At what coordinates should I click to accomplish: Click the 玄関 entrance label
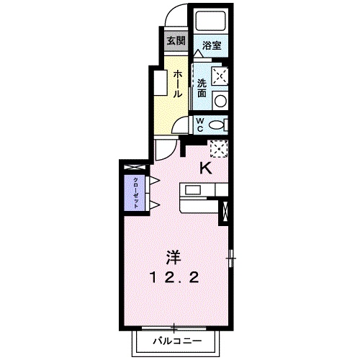tap(176, 40)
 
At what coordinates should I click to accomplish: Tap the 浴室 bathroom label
tap(212, 45)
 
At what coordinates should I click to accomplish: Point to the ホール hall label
tap(176, 84)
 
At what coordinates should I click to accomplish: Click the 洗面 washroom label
tap(202, 86)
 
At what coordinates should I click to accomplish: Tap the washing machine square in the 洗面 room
tap(220, 76)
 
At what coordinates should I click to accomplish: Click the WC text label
tap(201, 124)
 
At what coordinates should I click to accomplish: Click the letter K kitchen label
tap(205, 169)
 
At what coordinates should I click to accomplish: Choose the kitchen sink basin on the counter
tap(193, 191)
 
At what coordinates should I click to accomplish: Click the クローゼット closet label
tap(135, 191)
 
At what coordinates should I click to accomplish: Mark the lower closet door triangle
tap(153, 204)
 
